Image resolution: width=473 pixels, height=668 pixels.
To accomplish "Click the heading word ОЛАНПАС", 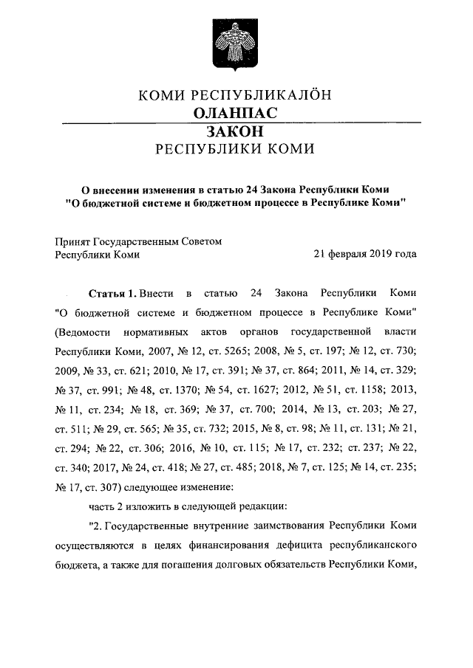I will pyautogui.click(x=235, y=113).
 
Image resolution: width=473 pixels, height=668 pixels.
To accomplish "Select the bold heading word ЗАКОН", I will pyautogui.click(x=236, y=131).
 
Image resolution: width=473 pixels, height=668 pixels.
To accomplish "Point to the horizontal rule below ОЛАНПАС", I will pyautogui.click(x=236, y=122).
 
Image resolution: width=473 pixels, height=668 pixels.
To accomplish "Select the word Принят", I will pyautogui.click(x=72, y=241).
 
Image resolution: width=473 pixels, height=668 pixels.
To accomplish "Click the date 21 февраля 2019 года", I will pyautogui.click(x=365, y=255).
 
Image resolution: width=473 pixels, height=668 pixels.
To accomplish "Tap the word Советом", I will pyautogui.click(x=202, y=241).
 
